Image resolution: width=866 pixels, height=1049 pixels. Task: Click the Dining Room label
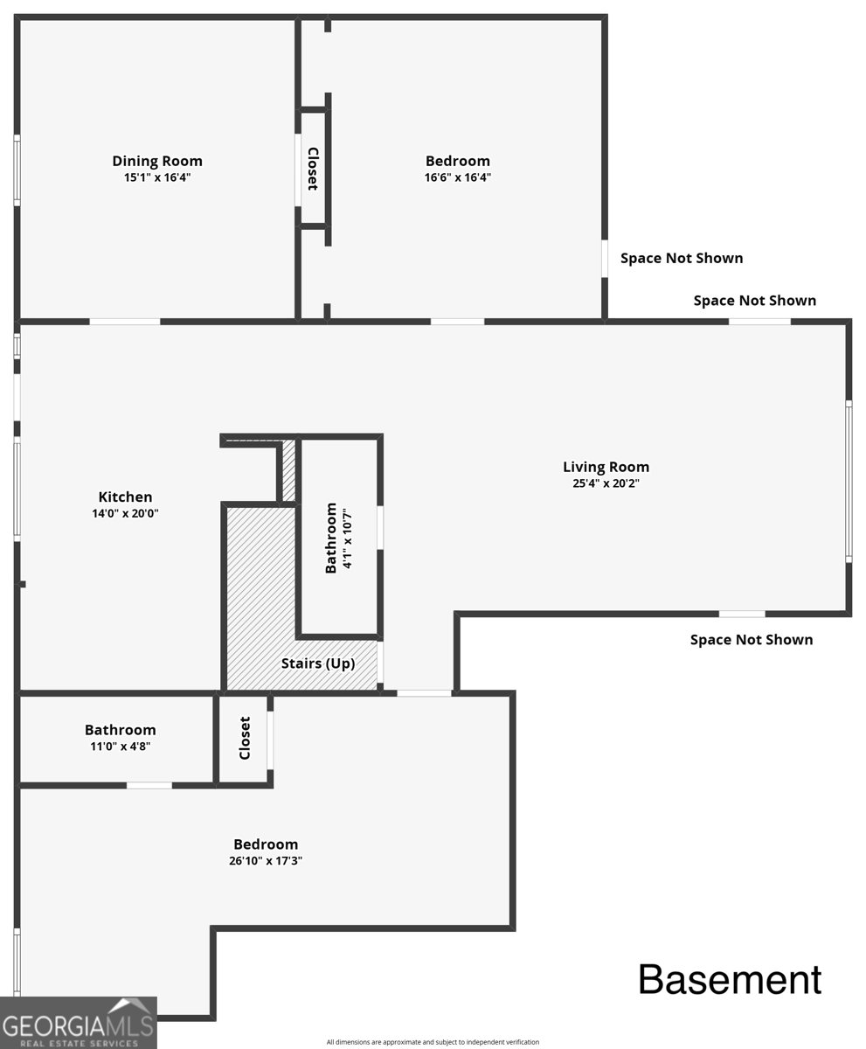coord(157,161)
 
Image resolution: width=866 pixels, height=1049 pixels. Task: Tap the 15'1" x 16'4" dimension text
coord(157,177)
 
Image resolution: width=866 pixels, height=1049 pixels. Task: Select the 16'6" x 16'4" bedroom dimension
coord(458,177)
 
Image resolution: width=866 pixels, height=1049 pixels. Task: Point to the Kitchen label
coord(125,497)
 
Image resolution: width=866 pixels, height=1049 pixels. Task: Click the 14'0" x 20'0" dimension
coord(125,513)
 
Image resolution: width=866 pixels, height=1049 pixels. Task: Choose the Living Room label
coord(606,467)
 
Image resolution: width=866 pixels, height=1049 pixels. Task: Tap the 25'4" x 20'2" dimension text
coord(606,483)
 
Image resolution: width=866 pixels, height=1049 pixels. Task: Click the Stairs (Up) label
coord(318,663)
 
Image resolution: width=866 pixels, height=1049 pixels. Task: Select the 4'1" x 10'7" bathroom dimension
coord(348,538)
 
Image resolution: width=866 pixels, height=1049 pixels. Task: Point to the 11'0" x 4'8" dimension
coord(121,746)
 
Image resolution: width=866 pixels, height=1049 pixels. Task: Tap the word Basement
coord(730,980)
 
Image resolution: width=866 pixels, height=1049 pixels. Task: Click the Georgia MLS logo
coord(79,1023)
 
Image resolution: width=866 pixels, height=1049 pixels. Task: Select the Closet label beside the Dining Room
coord(313,169)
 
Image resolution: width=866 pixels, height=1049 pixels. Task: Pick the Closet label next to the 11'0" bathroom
coord(245,738)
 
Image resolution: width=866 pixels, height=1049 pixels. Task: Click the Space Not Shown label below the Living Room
coord(752,640)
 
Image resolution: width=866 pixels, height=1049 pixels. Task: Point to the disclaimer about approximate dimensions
coord(433,1042)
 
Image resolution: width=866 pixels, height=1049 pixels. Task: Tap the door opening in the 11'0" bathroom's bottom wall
coord(149,785)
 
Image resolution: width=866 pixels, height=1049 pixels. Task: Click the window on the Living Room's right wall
coord(849,482)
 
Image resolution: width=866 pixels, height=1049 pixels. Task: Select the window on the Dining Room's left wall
coord(17,170)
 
